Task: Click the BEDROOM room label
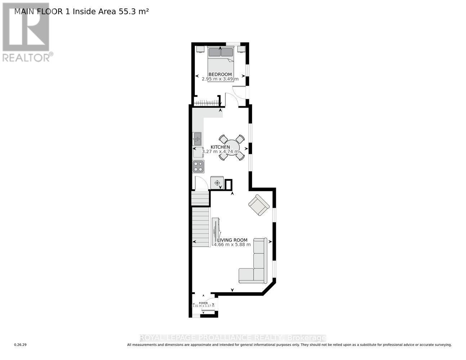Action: click(220, 75)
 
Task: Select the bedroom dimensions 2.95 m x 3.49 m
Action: click(220, 79)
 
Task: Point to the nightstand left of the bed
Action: click(200, 49)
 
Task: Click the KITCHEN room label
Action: click(220, 147)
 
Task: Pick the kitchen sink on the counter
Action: click(197, 139)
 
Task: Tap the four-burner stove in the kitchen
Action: click(198, 166)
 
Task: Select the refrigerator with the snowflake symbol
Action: click(217, 183)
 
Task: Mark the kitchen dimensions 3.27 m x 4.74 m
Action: click(220, 152)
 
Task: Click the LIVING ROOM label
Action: click(232, 240)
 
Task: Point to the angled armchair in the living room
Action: click(259, 205)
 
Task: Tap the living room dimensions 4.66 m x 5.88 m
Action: click(232, 244)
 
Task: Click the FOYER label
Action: click(203, 303)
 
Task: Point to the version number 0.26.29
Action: click(21, 345)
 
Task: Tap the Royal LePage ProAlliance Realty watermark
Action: click(233, 338)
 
